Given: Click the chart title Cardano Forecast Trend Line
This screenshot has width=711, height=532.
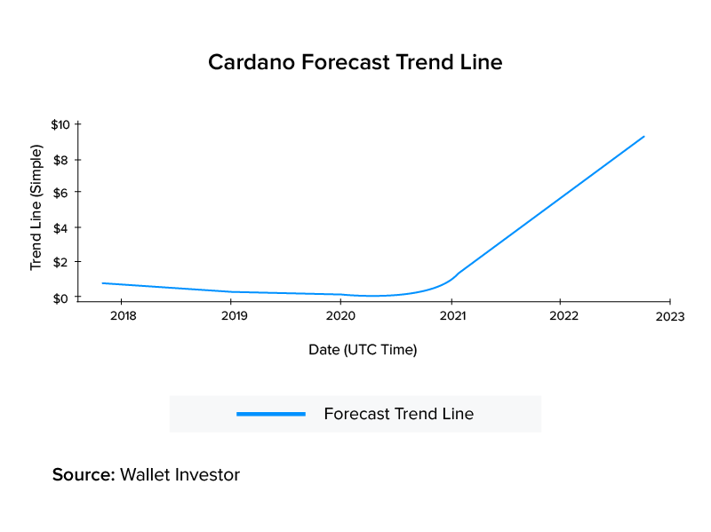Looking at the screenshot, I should coord(355,63).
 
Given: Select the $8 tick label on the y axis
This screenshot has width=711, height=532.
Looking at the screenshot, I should coord(62,160).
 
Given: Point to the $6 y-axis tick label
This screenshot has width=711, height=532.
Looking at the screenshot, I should coord(62,193).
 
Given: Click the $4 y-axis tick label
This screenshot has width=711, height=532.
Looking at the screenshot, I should coord(62,228).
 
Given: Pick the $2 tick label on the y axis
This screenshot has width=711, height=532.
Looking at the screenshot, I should coord(62,263).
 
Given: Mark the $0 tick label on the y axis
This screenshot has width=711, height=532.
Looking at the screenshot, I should coord(62,298).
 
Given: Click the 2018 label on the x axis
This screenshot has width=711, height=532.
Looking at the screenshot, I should coord(124,316).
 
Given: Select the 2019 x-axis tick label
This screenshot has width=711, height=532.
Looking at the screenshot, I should coord(233,316).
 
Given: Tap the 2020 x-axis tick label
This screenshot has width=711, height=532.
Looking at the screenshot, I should coord(341,316).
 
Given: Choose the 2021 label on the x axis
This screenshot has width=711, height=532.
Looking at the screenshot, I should coord(452,316).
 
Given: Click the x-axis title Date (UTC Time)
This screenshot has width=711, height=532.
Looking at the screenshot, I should coord(363,350).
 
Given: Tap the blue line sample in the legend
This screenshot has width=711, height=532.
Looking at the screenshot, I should coord(271,414).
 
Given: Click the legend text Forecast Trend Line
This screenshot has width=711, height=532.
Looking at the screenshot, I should coord(398,414).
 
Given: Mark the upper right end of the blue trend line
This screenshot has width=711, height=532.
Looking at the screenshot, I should coord(643,137).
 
